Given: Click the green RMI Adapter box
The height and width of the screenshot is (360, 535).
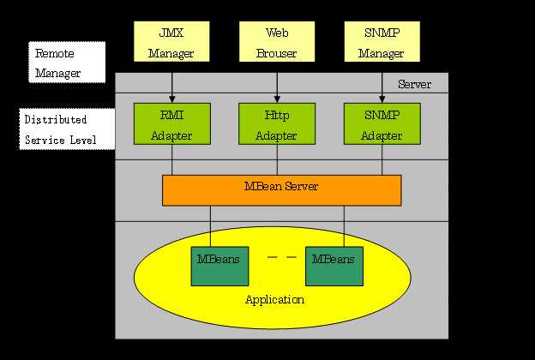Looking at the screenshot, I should pos(171,123).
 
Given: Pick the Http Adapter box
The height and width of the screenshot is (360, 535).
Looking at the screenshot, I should pos(276,123).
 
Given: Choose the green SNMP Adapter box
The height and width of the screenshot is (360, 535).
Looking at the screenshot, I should pos(381,123).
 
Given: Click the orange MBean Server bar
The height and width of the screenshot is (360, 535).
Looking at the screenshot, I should pos(281,190).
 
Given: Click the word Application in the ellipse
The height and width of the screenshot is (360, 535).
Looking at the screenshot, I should pos(274,300).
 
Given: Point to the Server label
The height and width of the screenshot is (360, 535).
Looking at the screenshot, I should pos(415,85).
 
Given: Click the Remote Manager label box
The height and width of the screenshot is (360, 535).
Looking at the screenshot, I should pos(67,63).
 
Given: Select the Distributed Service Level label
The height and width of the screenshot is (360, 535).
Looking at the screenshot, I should pos(67,129).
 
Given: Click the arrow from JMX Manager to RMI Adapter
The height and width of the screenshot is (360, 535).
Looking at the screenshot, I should pos(172,87).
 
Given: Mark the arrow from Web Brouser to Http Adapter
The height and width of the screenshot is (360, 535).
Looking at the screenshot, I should pos(277,87).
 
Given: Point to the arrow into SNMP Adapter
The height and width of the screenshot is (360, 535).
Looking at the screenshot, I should pos(382,87).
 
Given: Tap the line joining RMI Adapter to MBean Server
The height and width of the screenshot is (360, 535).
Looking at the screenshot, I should pos(172,159).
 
